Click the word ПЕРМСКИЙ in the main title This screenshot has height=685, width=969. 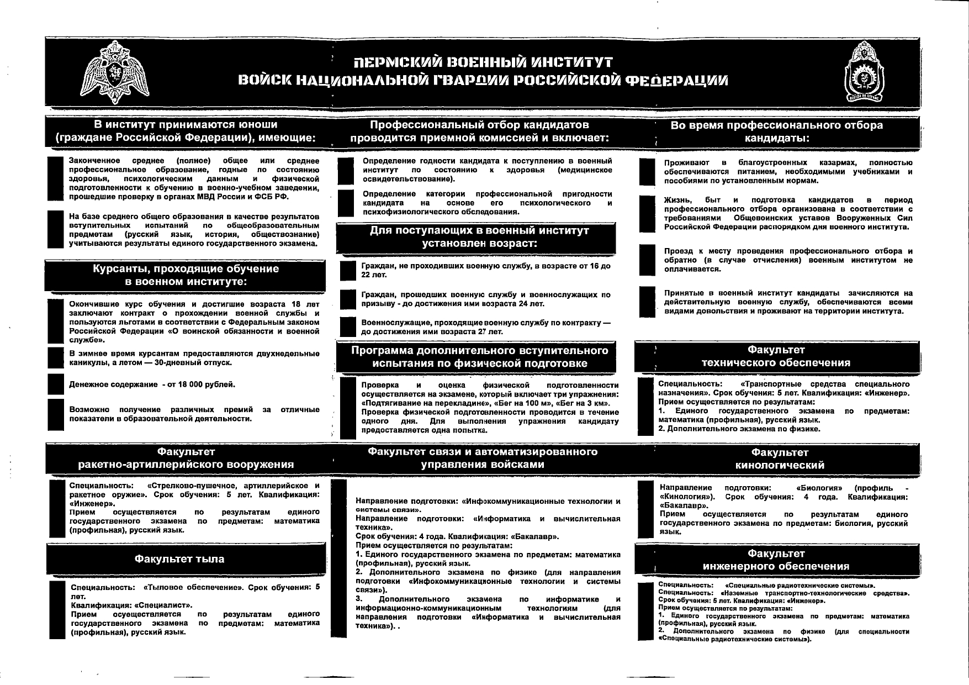click(x=397, y=62)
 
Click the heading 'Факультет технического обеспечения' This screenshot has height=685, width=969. click(x=776, y=356)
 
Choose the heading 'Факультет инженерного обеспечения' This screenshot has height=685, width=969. click(x=776, y=560)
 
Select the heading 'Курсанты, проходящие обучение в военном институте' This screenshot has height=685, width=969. click(x=186, y=275)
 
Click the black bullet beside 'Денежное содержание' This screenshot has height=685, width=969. click(x=56, y=384)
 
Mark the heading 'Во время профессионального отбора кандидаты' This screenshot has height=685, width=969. click(x=776, y=131)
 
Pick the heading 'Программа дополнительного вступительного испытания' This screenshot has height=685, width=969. click(x=479, y=357)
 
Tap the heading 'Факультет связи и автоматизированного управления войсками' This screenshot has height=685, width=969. click(x=482, y=458)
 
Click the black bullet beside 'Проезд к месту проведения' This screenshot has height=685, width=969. click(x=647, y=260)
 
